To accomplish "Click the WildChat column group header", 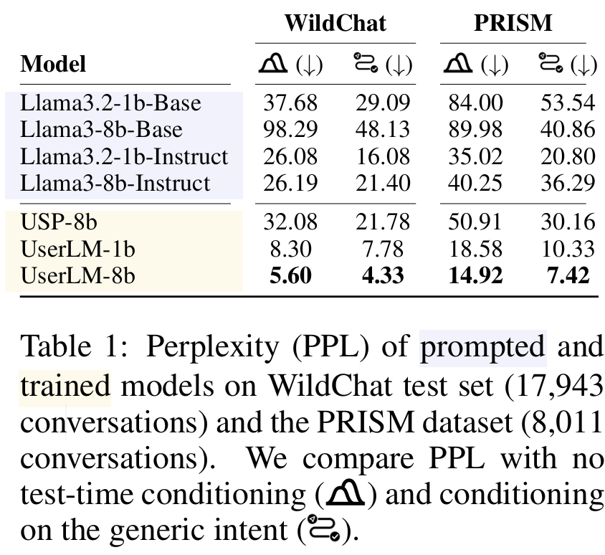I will click(335, 23).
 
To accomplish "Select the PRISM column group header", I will click(513, 23).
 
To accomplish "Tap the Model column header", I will click(53, 65).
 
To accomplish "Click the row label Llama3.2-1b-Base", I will click(111, 103).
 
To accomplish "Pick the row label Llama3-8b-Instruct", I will click(115, 183).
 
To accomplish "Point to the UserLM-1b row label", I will click(78, 248).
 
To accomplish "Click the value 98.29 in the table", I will click(290, 129).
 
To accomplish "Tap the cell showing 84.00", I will click(475, 103).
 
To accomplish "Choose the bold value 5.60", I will click(290, 275).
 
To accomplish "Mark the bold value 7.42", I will click(567, 275).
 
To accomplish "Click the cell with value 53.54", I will click(567, 103).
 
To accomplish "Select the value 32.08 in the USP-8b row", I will click(290, 222).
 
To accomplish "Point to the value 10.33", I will click(567, 248).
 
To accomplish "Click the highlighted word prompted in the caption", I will click(482, 347).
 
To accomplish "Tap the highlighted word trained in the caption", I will click(65, 385).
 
